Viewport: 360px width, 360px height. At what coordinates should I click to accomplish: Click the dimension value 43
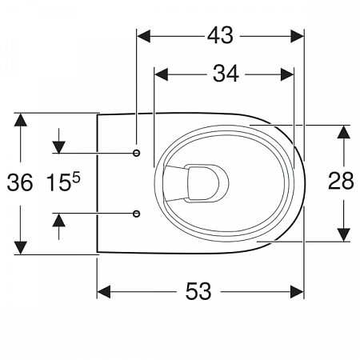point(220,35)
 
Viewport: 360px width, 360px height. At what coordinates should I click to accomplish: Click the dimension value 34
point(226,74)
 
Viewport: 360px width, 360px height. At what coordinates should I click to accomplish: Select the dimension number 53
point(198,291)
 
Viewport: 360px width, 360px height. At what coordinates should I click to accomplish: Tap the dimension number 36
point(20,182)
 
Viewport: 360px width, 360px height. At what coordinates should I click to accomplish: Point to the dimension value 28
point(341,181)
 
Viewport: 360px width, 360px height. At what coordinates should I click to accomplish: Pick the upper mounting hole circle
point(137,153)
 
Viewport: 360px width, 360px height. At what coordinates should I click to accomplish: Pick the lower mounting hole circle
point(137,214)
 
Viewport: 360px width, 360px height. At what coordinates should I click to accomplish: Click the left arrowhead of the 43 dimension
point(143,36)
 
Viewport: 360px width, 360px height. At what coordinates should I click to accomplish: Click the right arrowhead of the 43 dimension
point(298,36)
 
